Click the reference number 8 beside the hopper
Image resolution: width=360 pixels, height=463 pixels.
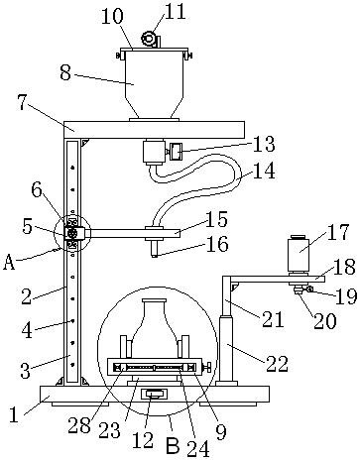click(65, 72)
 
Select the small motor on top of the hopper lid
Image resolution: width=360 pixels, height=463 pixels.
click(149, 39)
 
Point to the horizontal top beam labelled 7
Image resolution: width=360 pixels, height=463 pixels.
click(154, 130)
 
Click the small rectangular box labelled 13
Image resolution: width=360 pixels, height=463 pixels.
click(177, 152)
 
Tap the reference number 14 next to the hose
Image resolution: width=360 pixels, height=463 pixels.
click(264, 172)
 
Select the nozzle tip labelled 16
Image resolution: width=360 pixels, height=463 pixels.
click(154, 248)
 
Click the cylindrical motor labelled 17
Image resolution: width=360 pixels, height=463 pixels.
click(299, 254)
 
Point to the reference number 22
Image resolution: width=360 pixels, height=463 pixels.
click(277, 364)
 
